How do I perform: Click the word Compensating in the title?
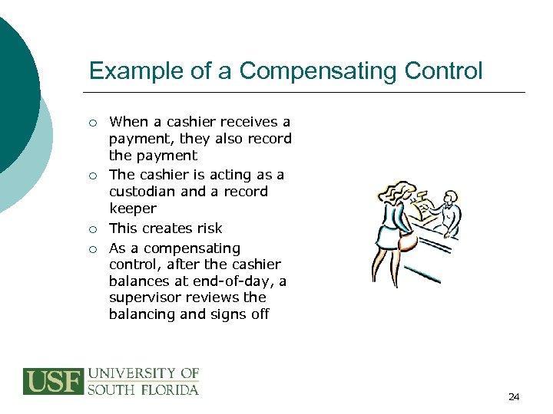tap(310, 71)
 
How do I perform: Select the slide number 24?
tap(514, 396)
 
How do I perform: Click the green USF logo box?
tap(52, 382)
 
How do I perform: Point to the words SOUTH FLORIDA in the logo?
tap(143, 389)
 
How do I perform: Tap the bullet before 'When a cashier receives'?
tap(92, 123)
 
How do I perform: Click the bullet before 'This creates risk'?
tap(92, 229)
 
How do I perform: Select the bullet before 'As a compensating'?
tap(92, 249)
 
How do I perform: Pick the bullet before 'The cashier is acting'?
tap(92, 176)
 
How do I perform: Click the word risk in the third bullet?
tap(208, 228)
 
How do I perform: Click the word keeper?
tap(133, 209)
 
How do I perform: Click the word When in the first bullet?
tap(127, 122)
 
